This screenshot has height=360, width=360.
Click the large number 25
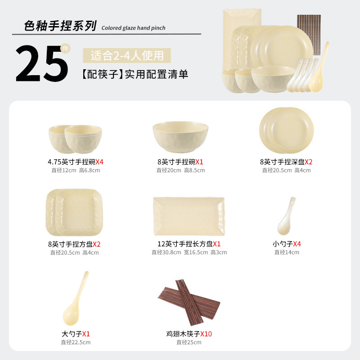click(42, 63)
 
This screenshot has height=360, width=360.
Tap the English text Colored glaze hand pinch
click(133, 28)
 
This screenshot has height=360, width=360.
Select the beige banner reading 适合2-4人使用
click(127, 55)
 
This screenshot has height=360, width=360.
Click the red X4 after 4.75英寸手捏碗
click(99, 162)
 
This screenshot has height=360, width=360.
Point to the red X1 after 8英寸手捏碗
click(199, 162)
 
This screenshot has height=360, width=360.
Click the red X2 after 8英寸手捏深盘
click(309, 162)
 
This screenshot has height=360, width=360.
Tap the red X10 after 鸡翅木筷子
click(206, 334)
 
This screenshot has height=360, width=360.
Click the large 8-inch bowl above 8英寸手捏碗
click(180, 137)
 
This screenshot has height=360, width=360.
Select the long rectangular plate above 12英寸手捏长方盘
click(189, 216)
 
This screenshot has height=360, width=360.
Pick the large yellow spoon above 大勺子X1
click(75, 298)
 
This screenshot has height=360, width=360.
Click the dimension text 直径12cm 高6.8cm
click(76, 171)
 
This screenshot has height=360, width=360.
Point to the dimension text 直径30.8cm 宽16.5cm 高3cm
click(189, 252)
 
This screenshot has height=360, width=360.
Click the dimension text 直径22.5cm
click(76, 342)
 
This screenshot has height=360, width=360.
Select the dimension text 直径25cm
click(189, 342)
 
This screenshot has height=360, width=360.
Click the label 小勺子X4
click(287, 244)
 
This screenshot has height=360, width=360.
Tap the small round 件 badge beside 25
click(65, 49)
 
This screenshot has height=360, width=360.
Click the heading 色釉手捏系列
click(60, 26)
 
